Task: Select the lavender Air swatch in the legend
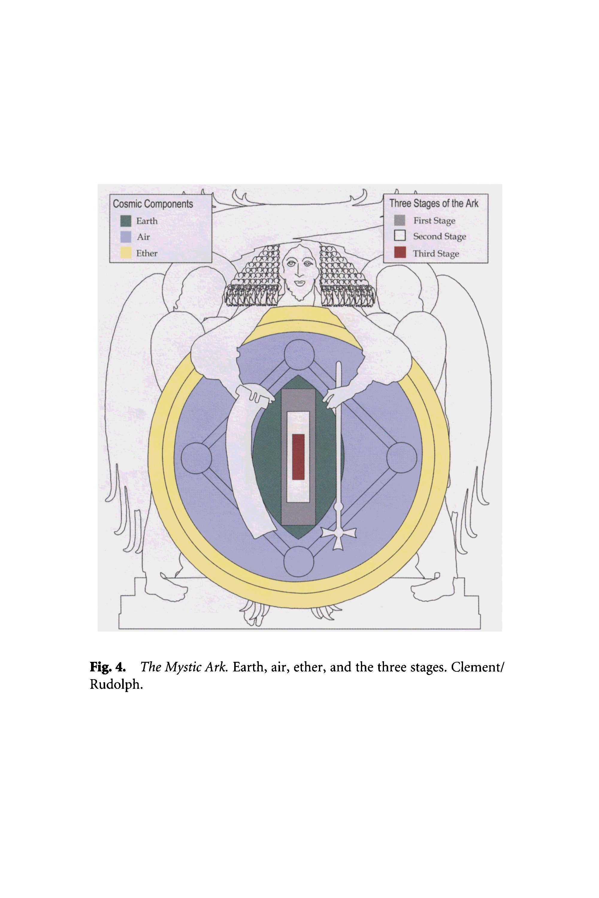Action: click(x=126, y=237)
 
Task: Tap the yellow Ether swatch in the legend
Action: click(x=126, y=253)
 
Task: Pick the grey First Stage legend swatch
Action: click(x=400, y=220)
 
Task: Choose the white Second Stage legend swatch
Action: click(x=400, y=236)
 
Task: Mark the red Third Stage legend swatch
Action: click(x=400, y=253)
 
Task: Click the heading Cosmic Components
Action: click(x=153, y=204)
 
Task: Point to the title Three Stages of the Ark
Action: click(x=434, y=203)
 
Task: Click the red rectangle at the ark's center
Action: click(x=298, y=457)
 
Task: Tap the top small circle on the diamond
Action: click(x=299, y=354)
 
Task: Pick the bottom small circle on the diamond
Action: click(x=299, y=561)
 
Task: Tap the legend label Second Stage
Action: click(x=439, y=236)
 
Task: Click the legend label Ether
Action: click(x=147, y=253)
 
